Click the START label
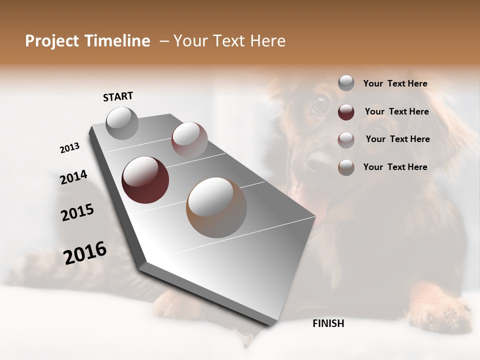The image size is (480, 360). tap(118, 96)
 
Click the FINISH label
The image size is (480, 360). tap(328, 323)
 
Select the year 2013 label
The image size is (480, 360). tap(69, 148)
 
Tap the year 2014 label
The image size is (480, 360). tap(73, 177)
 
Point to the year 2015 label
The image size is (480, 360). tap(77, 212)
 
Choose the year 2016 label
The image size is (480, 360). tap(85, 252)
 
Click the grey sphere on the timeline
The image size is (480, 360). tap(122, 123)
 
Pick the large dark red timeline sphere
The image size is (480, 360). tap(145, 180)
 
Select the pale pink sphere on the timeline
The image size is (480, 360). tap(189, 139)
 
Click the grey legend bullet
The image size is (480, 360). tap(346, 83)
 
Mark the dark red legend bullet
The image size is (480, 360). tap(346, 112)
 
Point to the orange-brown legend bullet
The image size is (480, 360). tap(346, 167)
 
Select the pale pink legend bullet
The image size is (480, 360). tap(346, 139)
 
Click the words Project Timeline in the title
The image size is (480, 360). tap(87, 41)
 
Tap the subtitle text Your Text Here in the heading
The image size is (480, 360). tap(229, 41)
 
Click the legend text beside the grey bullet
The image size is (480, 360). tap(395, 83)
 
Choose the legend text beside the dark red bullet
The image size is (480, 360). tap(396, 111)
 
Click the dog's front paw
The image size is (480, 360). tap(440, 312)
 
